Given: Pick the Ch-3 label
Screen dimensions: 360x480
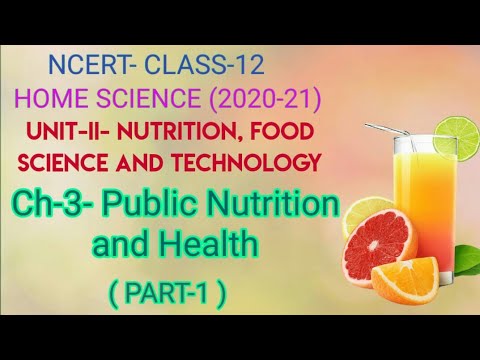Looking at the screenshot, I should click(x=77, y=204).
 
